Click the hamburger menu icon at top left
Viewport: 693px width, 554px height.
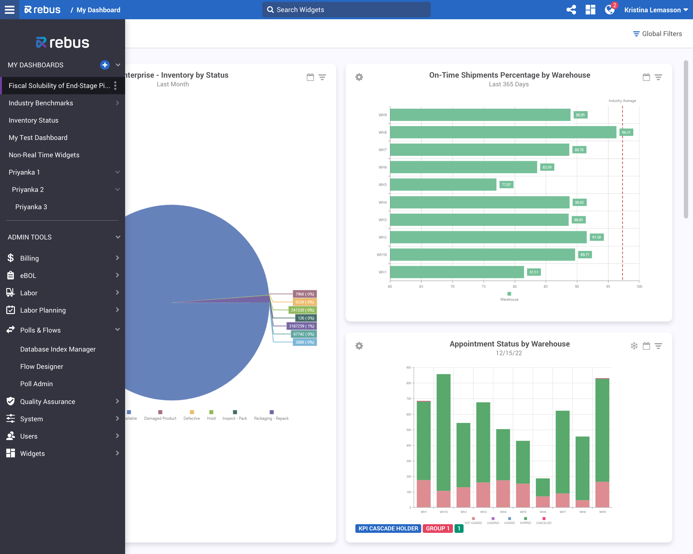[10, 10]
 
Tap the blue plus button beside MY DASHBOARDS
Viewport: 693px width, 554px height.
[105, 65]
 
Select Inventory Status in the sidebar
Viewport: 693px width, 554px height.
[33, 120]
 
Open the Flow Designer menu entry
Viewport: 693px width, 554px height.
[41, 366]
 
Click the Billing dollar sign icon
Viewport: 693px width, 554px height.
[11, 258]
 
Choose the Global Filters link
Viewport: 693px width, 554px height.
[657, 34]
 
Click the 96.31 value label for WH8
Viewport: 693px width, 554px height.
[626, 132]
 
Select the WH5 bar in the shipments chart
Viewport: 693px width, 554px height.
[443, 185]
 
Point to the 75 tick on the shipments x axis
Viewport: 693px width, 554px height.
[483, 286]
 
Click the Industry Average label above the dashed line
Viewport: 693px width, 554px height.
[622, 101]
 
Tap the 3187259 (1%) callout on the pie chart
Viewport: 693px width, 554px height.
[301, 326]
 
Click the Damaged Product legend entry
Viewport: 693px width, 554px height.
[160, 418]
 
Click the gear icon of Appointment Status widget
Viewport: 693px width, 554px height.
[359, 346]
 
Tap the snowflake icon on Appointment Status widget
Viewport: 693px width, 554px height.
[634, 346]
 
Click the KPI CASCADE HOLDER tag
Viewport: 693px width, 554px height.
[388, 528]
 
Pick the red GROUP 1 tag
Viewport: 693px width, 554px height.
[437, 528]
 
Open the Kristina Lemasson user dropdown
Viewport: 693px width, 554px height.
[656, 10]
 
